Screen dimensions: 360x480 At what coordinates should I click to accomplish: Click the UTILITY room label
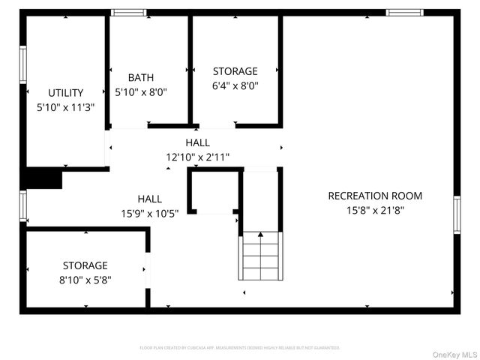tap(66, 93)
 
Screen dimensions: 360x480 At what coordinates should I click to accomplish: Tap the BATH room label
tap(140, 77)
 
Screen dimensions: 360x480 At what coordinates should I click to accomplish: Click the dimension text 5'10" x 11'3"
tap(66, 107)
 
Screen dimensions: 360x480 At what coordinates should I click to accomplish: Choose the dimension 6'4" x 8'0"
tap(235, 85)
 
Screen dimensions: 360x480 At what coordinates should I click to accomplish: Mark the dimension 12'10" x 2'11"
tap(198, 157)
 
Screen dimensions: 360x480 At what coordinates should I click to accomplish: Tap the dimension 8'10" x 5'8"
tap(85, 280)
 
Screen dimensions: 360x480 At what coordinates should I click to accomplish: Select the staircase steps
tap(260, 259)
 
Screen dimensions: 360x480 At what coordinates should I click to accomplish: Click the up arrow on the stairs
tap(260, 235)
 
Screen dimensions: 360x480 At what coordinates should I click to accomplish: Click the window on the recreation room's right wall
tap(457, 215)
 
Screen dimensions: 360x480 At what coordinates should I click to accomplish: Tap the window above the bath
tap(128, 12)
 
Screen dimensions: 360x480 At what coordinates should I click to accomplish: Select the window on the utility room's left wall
tap(22, 65)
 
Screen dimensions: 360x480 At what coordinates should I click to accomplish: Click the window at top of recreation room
tap(404, 12)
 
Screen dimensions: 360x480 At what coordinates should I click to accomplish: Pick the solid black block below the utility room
tap(43, 179)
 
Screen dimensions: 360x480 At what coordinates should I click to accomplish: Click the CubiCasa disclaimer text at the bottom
tap(240, 348)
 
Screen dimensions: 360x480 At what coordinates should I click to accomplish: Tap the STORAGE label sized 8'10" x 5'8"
tap(85, 265)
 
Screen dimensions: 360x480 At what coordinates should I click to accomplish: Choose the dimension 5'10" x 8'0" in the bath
tap(140, 92)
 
